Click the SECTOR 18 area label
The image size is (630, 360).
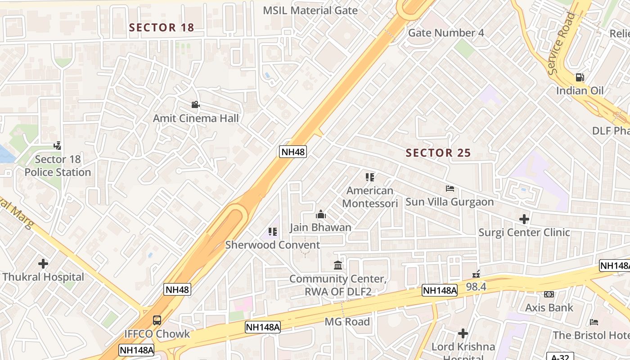(x=162, y=27)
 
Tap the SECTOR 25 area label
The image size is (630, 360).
(x=438, y=153)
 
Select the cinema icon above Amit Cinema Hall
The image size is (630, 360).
(x=195, y=105)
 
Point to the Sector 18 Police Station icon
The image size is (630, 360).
(x=57, y=146)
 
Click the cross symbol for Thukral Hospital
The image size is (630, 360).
(x=43, y=264)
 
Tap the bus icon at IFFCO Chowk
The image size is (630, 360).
(x=157, y=320)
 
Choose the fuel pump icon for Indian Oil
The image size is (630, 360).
(x=580, y=77)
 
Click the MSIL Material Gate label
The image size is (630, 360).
(x=310, y=10)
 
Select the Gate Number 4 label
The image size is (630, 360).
(x=446, y=33)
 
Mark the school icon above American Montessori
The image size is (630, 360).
(x=370, y=177)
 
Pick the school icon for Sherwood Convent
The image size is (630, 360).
(x=273, y=232)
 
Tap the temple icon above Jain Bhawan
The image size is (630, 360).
(x=320, y=214)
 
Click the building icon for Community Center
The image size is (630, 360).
(x=338, y=265)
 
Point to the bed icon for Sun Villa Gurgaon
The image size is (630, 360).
(x=450, y=189)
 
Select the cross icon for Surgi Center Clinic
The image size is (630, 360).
(x=524, y=219)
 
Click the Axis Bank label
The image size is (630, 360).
(x=549, y=308)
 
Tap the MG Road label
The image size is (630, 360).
(x=347, y=322)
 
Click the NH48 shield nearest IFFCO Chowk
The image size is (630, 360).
(x=177, y=289)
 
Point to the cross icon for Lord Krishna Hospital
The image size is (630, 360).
(x=463, y=333)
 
